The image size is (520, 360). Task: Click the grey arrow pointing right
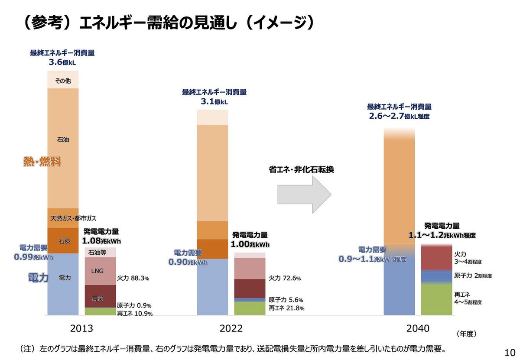pos(303,195)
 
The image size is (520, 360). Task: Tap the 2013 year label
pos(81,329)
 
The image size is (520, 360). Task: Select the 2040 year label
pos(418,329)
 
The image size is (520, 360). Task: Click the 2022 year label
pos(231,329)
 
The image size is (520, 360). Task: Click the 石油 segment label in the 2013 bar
pos(63,140)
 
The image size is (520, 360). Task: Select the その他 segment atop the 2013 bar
pos(63,81)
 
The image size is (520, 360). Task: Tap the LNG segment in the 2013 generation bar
pos(97,271)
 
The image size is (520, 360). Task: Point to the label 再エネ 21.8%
pos(286,308)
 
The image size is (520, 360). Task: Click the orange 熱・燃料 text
pos(42,162)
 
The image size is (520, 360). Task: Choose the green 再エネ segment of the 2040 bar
pos(436,299)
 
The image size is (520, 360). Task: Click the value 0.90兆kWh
pos(188,262)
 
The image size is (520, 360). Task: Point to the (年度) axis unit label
pos(466,334)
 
